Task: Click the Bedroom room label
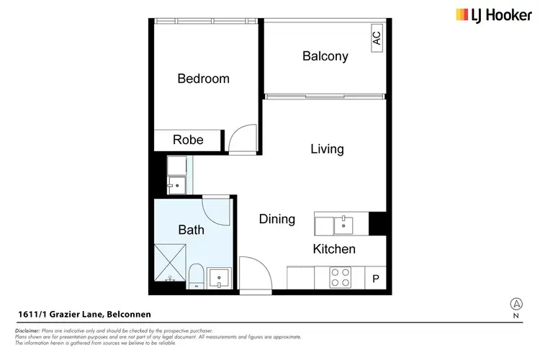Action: (203, 78)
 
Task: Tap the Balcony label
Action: (325, 56)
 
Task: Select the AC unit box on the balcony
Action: (377, 37)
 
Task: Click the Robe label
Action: (188, 140)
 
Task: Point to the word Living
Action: (327, 149)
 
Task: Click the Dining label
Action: (276, 219)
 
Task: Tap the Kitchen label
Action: (333, 249)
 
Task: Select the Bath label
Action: (191, 230)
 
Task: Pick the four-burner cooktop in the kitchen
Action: (339, 277)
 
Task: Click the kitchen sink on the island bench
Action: (344, 224)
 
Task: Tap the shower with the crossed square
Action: (169, 264)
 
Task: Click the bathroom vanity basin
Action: (218, 277)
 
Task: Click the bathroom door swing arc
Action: (217, 210)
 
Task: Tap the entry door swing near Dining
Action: (253, 274)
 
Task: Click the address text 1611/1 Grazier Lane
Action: (84, 315)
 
